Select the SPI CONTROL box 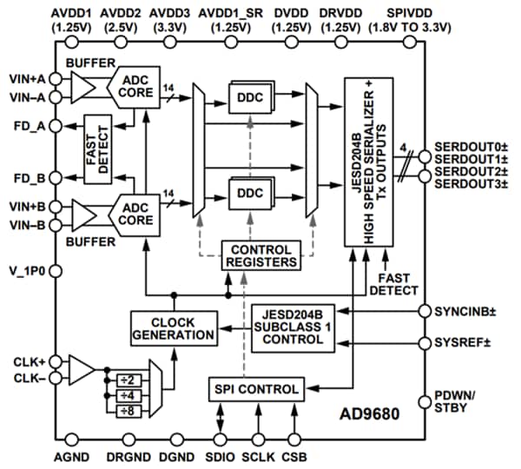click(x=254, y=387)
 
